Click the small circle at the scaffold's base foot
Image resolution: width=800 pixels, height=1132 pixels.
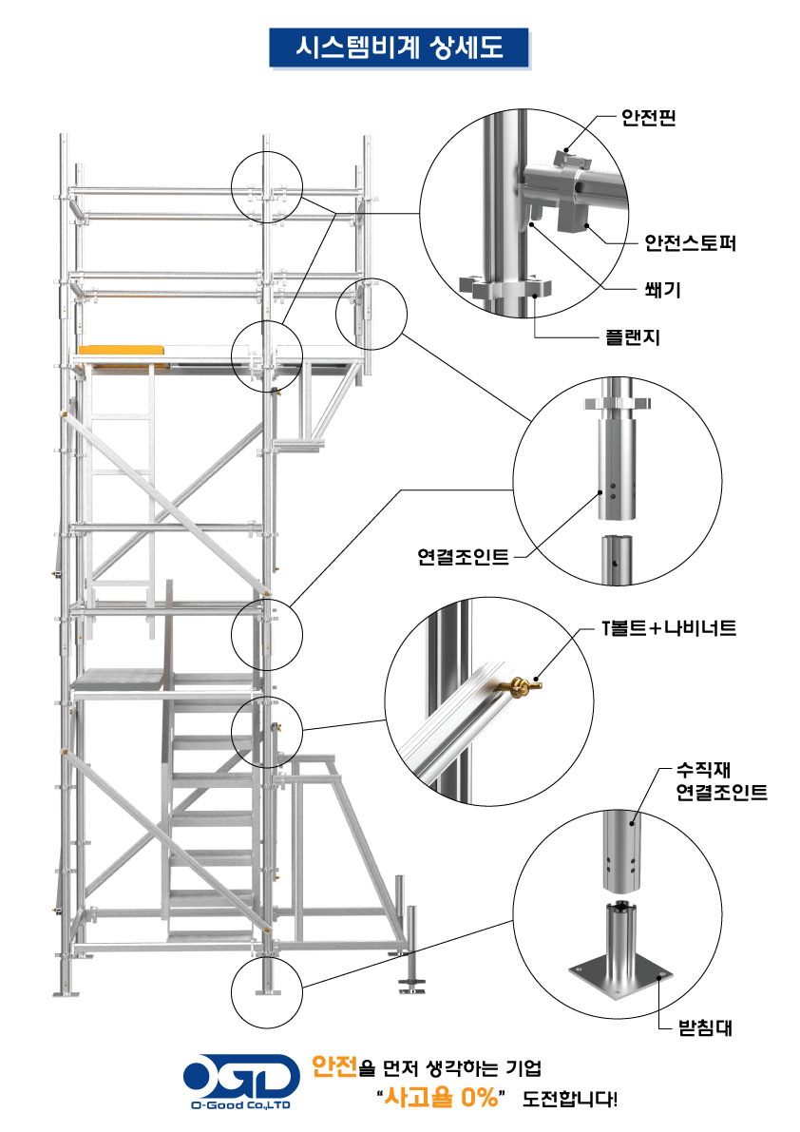[x=265, y=991]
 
